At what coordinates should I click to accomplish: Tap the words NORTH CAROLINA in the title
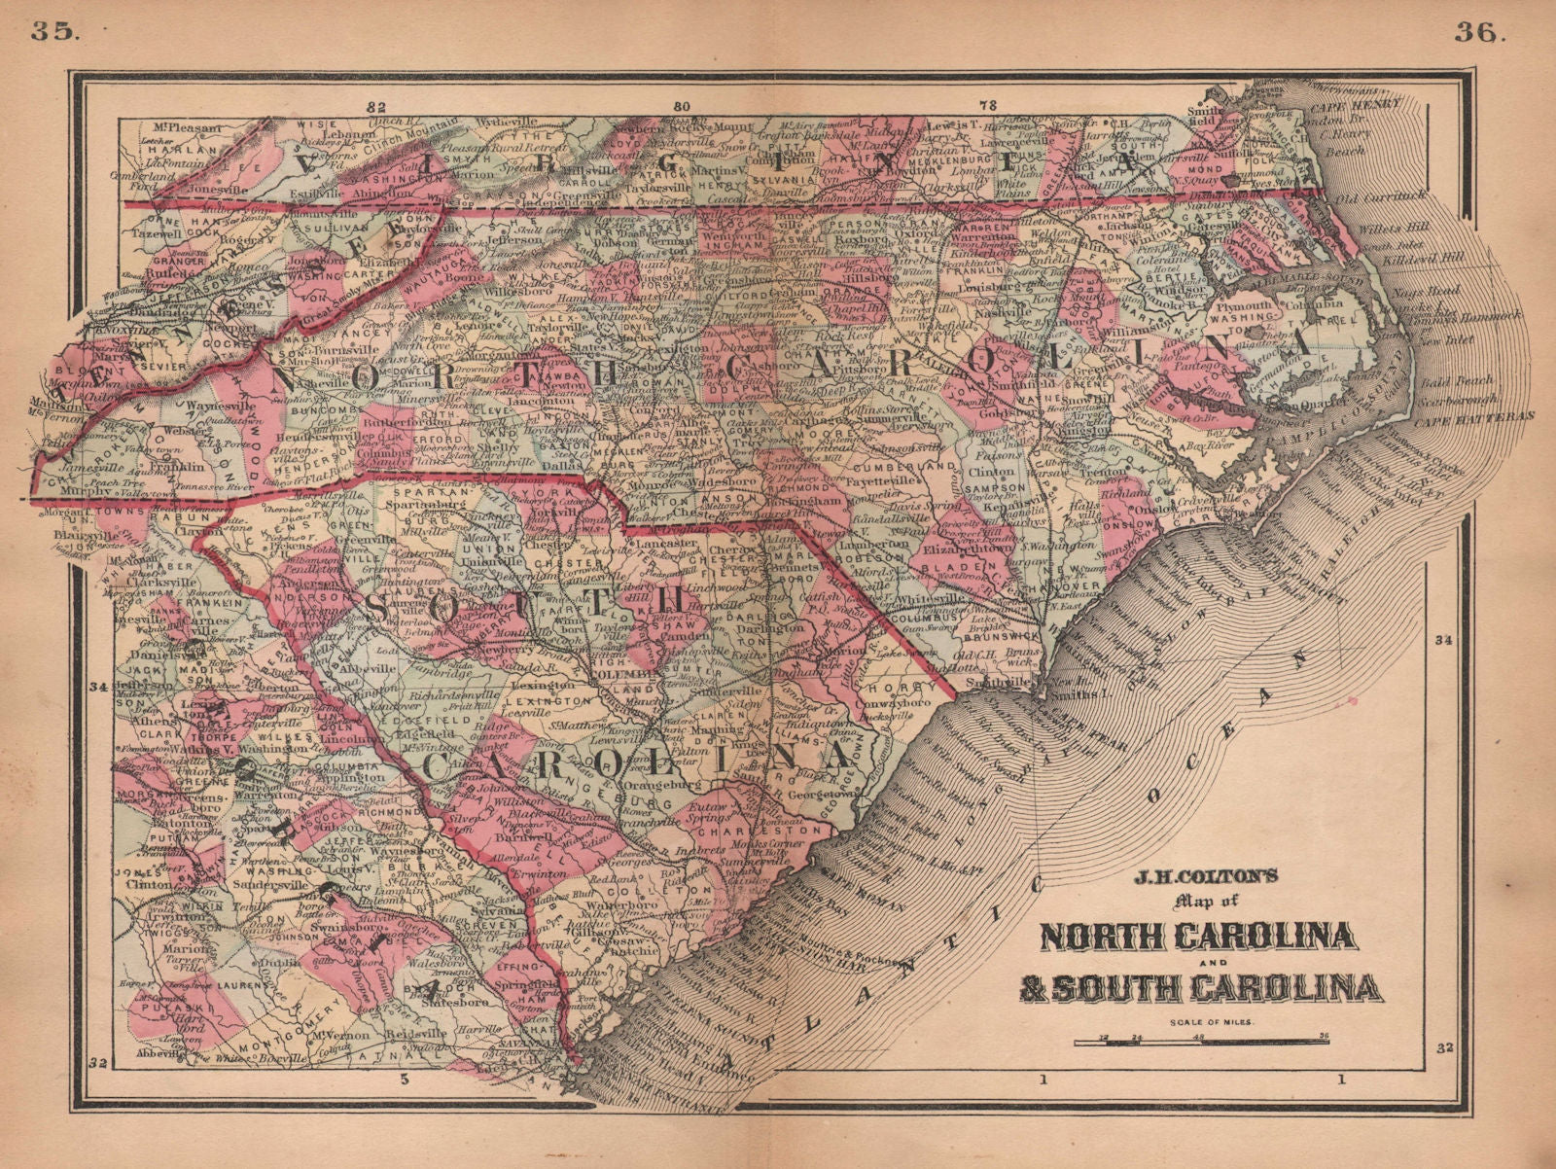[x=1198, y=936]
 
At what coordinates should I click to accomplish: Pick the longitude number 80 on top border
[x=681, y=106]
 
